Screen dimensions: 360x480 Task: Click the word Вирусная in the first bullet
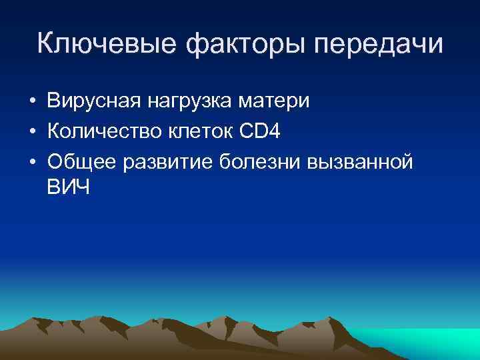(x=90, y=102)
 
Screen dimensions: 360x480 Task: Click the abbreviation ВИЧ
(x=68, y=187)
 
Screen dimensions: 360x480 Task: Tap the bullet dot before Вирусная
(x=32, y=103)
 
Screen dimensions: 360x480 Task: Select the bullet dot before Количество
(x=32, y=132)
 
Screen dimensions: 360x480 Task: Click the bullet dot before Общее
(x=32, y=161)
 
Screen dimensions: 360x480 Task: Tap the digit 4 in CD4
(x=275, y=131)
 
